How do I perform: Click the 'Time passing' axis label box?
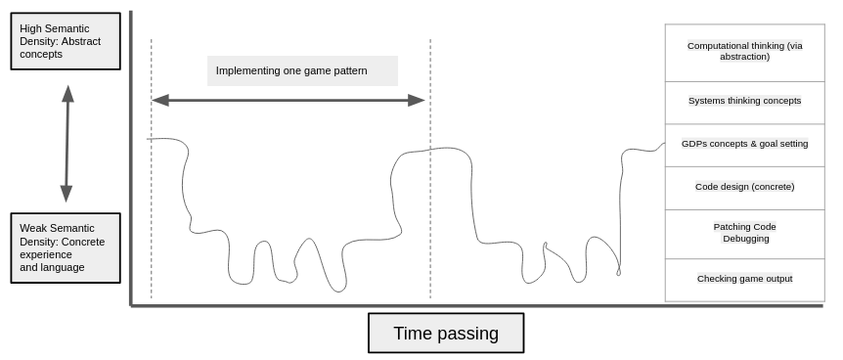coord(446,333)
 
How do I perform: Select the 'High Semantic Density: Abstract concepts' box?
coord(66,41)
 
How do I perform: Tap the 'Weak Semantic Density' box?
coord(66,247)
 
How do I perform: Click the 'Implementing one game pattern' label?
coord(302,70)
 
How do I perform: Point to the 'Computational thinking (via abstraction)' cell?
coord(744,52)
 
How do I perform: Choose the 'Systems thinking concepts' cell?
coord(744,101)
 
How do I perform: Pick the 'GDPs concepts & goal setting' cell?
coord(744,144)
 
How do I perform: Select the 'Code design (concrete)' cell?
coord(744,187)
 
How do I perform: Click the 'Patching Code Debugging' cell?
coord(744,233)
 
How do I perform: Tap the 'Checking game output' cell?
coord(744,279)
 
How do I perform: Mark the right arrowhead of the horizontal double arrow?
coord(418,100)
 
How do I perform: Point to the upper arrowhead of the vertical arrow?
coord(67,93)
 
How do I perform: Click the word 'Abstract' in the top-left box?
coord(80,41)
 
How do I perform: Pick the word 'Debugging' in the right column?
coord(745,239)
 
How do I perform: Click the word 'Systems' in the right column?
coord(706,101)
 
